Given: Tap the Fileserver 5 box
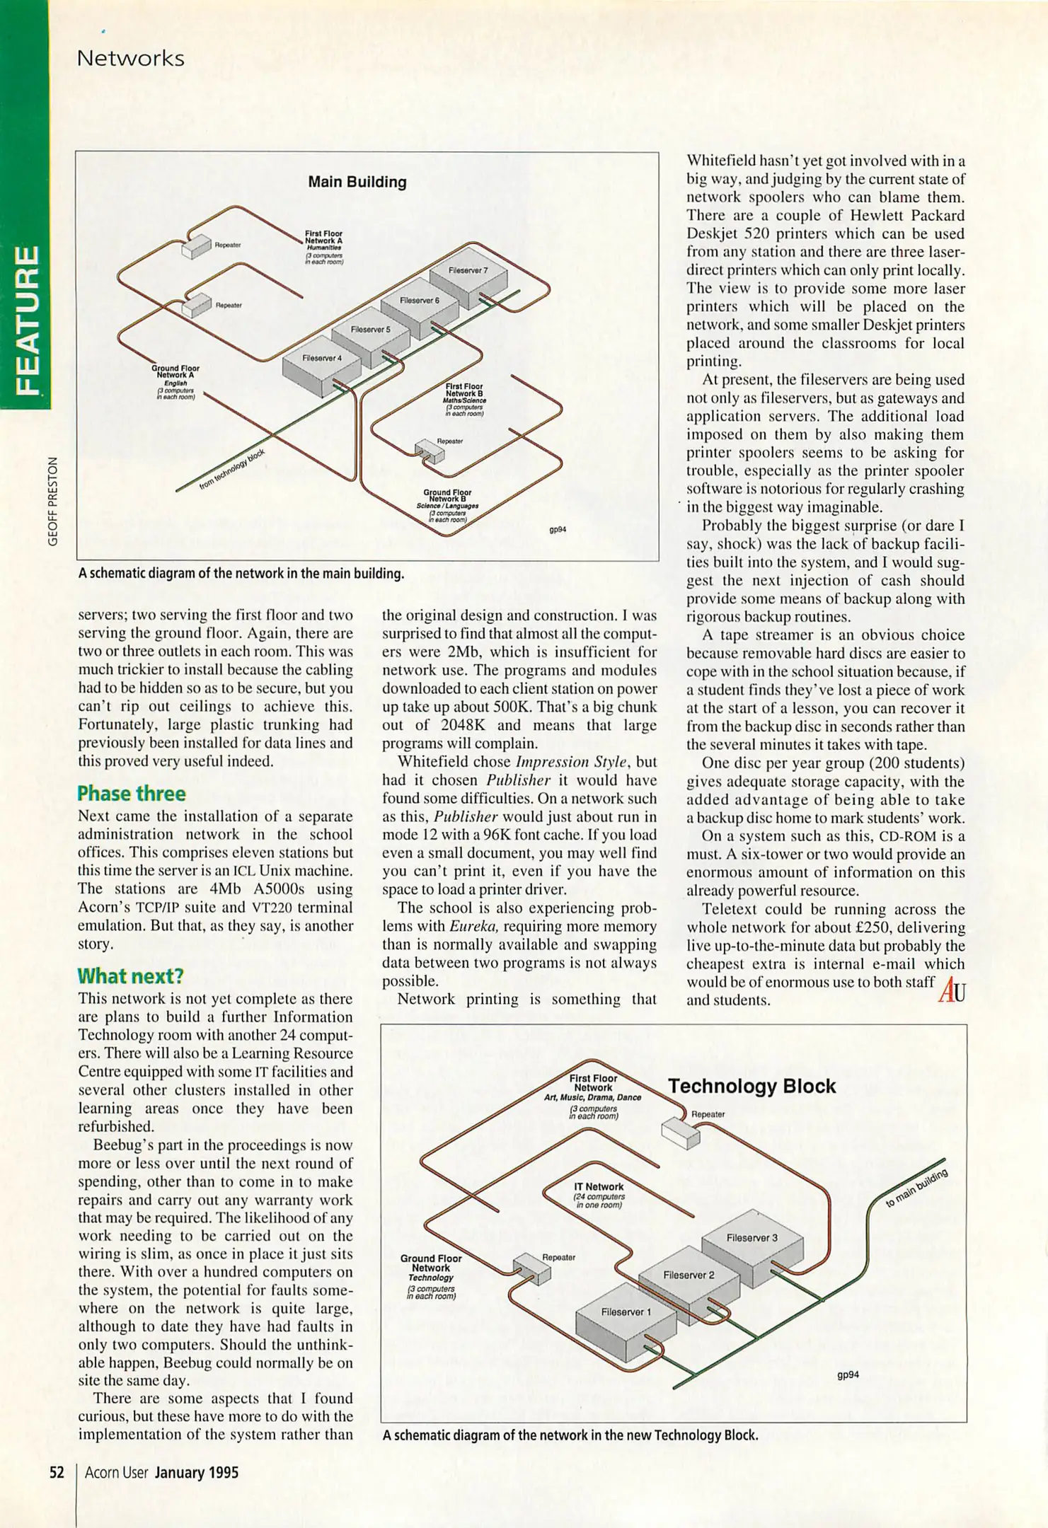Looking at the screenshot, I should (370, 334).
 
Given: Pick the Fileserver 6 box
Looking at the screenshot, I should (420, 305).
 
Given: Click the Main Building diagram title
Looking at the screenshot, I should (357, 182).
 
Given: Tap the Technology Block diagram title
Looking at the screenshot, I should (752, 1086).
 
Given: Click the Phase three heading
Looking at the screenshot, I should (132, 793).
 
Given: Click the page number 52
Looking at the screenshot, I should (57, 1473).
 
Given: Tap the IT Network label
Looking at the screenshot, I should (599, 1186).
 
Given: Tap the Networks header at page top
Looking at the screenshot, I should (130, 59).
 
